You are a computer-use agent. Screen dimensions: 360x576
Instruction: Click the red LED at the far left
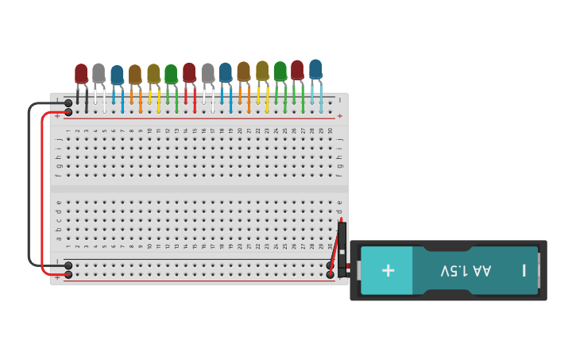coord(81,73)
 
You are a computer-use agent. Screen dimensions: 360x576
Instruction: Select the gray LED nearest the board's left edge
coord(99,72)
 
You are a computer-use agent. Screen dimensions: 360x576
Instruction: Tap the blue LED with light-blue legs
coord(315,68)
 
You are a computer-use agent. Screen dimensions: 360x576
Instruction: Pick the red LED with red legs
coord(189,72)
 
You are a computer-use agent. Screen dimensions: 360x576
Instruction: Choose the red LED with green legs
coord(297,69)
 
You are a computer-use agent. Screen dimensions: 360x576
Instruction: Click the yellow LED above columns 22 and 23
coord(262,70)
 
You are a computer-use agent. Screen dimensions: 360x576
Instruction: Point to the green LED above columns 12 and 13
coord(171,73)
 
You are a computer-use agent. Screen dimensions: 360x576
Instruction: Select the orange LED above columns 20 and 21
coord(243,72)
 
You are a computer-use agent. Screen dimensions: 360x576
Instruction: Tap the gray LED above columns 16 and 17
coord(207,72)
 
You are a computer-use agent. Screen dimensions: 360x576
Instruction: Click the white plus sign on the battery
coord(388,270)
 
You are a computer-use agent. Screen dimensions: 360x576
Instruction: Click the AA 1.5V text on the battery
coord(466,270)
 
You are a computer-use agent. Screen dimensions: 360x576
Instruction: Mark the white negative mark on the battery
coord(524,270)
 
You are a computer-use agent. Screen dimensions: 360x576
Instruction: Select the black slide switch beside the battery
coord(342,249)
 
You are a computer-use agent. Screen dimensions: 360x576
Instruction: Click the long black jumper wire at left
coord(29,183)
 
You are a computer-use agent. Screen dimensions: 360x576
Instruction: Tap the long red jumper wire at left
coord(42,191)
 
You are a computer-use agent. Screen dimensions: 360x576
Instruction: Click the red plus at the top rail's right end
coord(340,116)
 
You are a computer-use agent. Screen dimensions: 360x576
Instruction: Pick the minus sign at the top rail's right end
coord(340,100)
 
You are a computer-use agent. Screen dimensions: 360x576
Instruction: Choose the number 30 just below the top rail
coord(331,130)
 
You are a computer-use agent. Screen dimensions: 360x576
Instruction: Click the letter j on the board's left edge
coord(58,139)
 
